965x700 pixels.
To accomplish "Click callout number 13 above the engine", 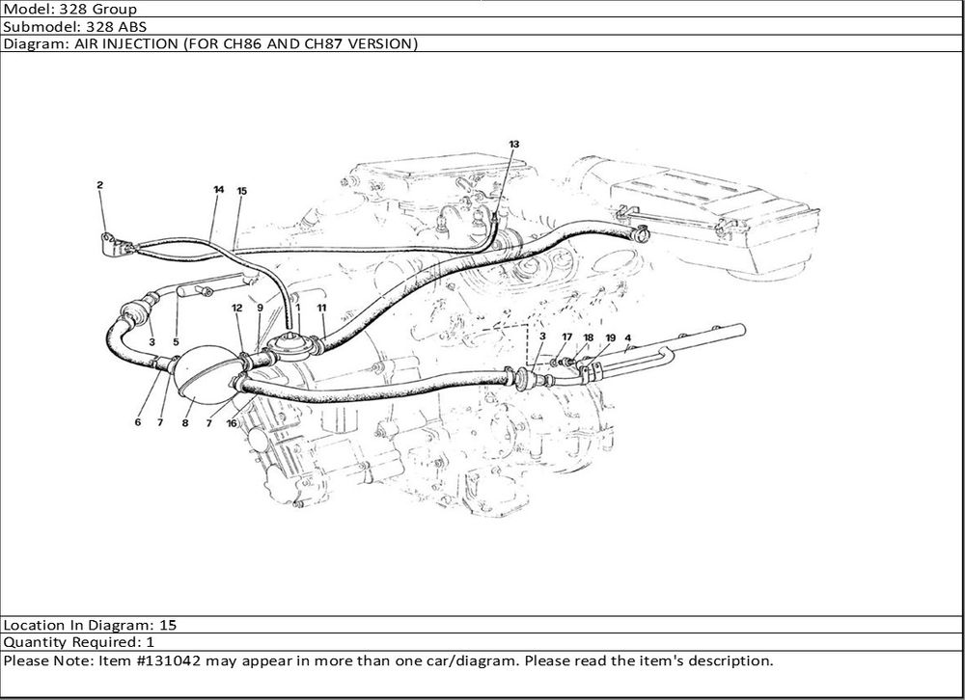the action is [x=514, y=144].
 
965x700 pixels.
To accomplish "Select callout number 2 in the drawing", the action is [x=99, y=184].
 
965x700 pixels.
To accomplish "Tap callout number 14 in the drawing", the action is [x=218, y=189].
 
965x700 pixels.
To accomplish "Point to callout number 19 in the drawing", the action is [x=610, y=337].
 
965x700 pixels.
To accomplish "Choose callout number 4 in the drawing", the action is [x=628, y=337].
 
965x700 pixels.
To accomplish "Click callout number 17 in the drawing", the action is [x=566, y=337].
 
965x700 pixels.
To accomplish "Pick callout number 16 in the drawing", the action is [x=232, y=423].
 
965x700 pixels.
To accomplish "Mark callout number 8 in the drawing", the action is [x=184, y=422].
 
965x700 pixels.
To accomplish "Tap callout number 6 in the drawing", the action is [x=138, y=422].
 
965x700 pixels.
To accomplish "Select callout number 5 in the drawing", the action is [x=176, y=342].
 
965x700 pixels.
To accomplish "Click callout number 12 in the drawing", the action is [x=237, y=308].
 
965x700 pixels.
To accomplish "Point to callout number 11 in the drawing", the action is [x=321, y=308].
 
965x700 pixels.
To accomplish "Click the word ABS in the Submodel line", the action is [x=133, y=26].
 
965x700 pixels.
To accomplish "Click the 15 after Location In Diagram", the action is [x=168, y=625].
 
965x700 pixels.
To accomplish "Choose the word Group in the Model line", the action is [x=115, y=10].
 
